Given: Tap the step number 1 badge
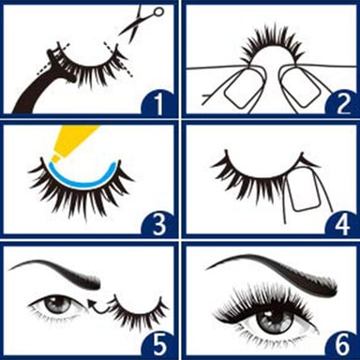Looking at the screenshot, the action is coord(158,102).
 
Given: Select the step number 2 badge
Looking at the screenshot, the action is coord(341,102).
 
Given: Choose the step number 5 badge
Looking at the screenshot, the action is coord(158,343).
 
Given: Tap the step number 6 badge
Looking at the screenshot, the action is coord(341,343).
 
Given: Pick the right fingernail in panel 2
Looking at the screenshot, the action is coord(301,89).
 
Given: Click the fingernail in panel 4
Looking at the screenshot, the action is coord(302,189).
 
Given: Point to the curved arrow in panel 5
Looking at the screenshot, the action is coord(97,307).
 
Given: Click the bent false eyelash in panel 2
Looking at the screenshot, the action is coord(272,44).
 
